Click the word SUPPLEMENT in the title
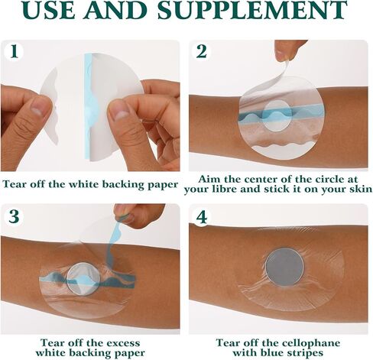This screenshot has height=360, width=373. pyautogui.click(x=252, y=10)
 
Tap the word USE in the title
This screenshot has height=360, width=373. pyautogui.click(x=50, y=10)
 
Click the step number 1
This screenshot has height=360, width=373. pyautogui.click(x=15, y=51)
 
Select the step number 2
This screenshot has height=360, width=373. pyautogui.click(x=202, y=51)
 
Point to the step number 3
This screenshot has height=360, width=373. pyautogui.click(x=14, y=216)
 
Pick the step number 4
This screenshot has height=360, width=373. pyautogui.click(x=202, y=217)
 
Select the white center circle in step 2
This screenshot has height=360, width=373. pyautogui.click(x=277, y=115)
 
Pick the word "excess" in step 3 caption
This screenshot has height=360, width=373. pyautogui.click(x=123, y=343)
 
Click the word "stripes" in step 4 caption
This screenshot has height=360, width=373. pyautogui.click(x=304, y=353)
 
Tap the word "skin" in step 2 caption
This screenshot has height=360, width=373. pyautogui.click(x=362, y=189)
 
